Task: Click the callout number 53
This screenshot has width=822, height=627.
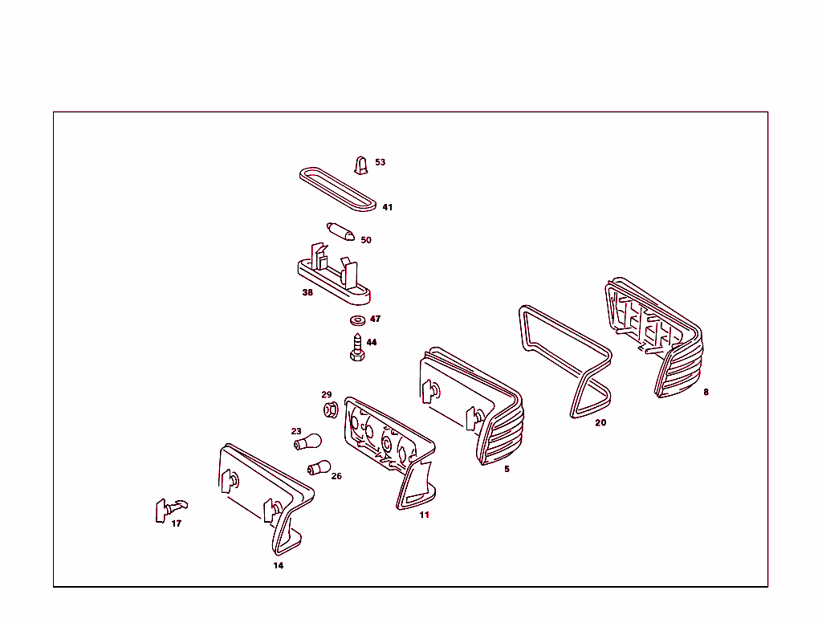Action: tap(380, 162)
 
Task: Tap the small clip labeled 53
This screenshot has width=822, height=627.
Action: tap(360, 165)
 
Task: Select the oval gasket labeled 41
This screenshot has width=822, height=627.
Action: tap(338, 189)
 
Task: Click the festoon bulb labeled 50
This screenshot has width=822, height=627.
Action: tap(340, 231)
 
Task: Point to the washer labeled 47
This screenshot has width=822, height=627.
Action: tap(357, 320)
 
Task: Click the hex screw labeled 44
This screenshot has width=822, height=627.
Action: tap(357, 348)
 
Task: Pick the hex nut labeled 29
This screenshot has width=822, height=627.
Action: tap(331, 409)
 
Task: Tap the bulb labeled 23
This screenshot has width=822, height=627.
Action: tap(307, 442)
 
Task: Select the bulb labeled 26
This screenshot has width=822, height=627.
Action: tap(319, 466)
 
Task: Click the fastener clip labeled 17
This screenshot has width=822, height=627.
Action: tap(170, 509)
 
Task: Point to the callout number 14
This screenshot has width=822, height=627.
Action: tap(279, 565)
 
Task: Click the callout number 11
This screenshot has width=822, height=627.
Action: tap(424, 515)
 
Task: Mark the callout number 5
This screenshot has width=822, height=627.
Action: tap(507, 469)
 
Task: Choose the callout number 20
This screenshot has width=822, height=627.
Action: tap(600, 422)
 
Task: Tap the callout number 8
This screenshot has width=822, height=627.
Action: tap(706, 392)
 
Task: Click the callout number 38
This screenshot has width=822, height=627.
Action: tap(307, 292)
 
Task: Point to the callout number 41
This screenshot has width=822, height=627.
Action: tap(388, 207)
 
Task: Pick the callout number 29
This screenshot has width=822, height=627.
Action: tap(327, 394)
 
